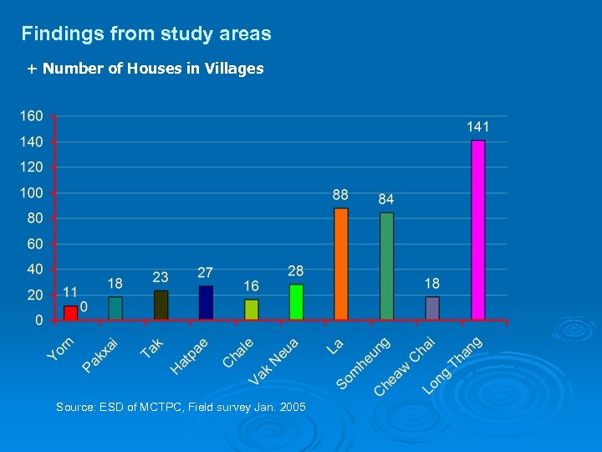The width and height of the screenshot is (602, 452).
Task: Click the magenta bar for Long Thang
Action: click(477, 230)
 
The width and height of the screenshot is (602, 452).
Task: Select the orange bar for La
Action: click(340, 264)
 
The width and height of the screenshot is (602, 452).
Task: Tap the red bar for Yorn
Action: click(70, 312)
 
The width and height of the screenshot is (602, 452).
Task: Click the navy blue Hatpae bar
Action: click(206, 302)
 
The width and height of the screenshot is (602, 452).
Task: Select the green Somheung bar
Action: click(386, 265)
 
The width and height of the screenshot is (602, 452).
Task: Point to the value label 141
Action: click(477, 127)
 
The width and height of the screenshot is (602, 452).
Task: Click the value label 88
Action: click(340, 195)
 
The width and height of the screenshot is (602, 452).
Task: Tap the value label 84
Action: click(385, 199)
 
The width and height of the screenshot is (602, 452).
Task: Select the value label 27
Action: click(206, 273)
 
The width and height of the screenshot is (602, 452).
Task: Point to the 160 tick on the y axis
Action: click(32, 116)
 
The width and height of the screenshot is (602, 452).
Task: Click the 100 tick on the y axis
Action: click(32, 193)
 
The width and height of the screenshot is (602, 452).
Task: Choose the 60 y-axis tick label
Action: click(35, 244)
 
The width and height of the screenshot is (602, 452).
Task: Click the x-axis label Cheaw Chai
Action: click(405, 366)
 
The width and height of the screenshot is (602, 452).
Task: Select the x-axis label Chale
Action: click(238, 352)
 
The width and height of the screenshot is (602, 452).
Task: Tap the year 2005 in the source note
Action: click(292, 407)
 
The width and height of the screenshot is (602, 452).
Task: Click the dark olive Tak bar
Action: click(161, 305)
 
